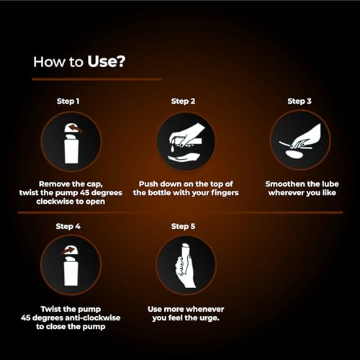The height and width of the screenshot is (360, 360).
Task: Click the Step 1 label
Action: click(x=70, y=101)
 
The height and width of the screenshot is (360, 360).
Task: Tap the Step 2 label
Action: click(x=185, y=101)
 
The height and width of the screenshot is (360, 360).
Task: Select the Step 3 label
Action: click(x=300, y=101)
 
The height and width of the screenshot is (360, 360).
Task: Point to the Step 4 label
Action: click(x=70, y=226)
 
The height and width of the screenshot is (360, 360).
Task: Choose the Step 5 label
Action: click(x=185, y=226)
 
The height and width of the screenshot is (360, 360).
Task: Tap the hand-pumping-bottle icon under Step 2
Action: click(x=185, y=140)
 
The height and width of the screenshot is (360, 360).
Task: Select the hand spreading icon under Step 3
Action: click(x=300, y=140)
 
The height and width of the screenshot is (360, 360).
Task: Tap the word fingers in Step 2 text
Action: click(x=221, y=193)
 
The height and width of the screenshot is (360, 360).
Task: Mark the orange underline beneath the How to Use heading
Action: click(x=97, y=78)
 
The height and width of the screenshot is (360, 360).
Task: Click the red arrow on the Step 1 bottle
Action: click(x=73, y=129)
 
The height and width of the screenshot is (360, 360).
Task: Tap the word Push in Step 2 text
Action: click(x=146, y=184)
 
